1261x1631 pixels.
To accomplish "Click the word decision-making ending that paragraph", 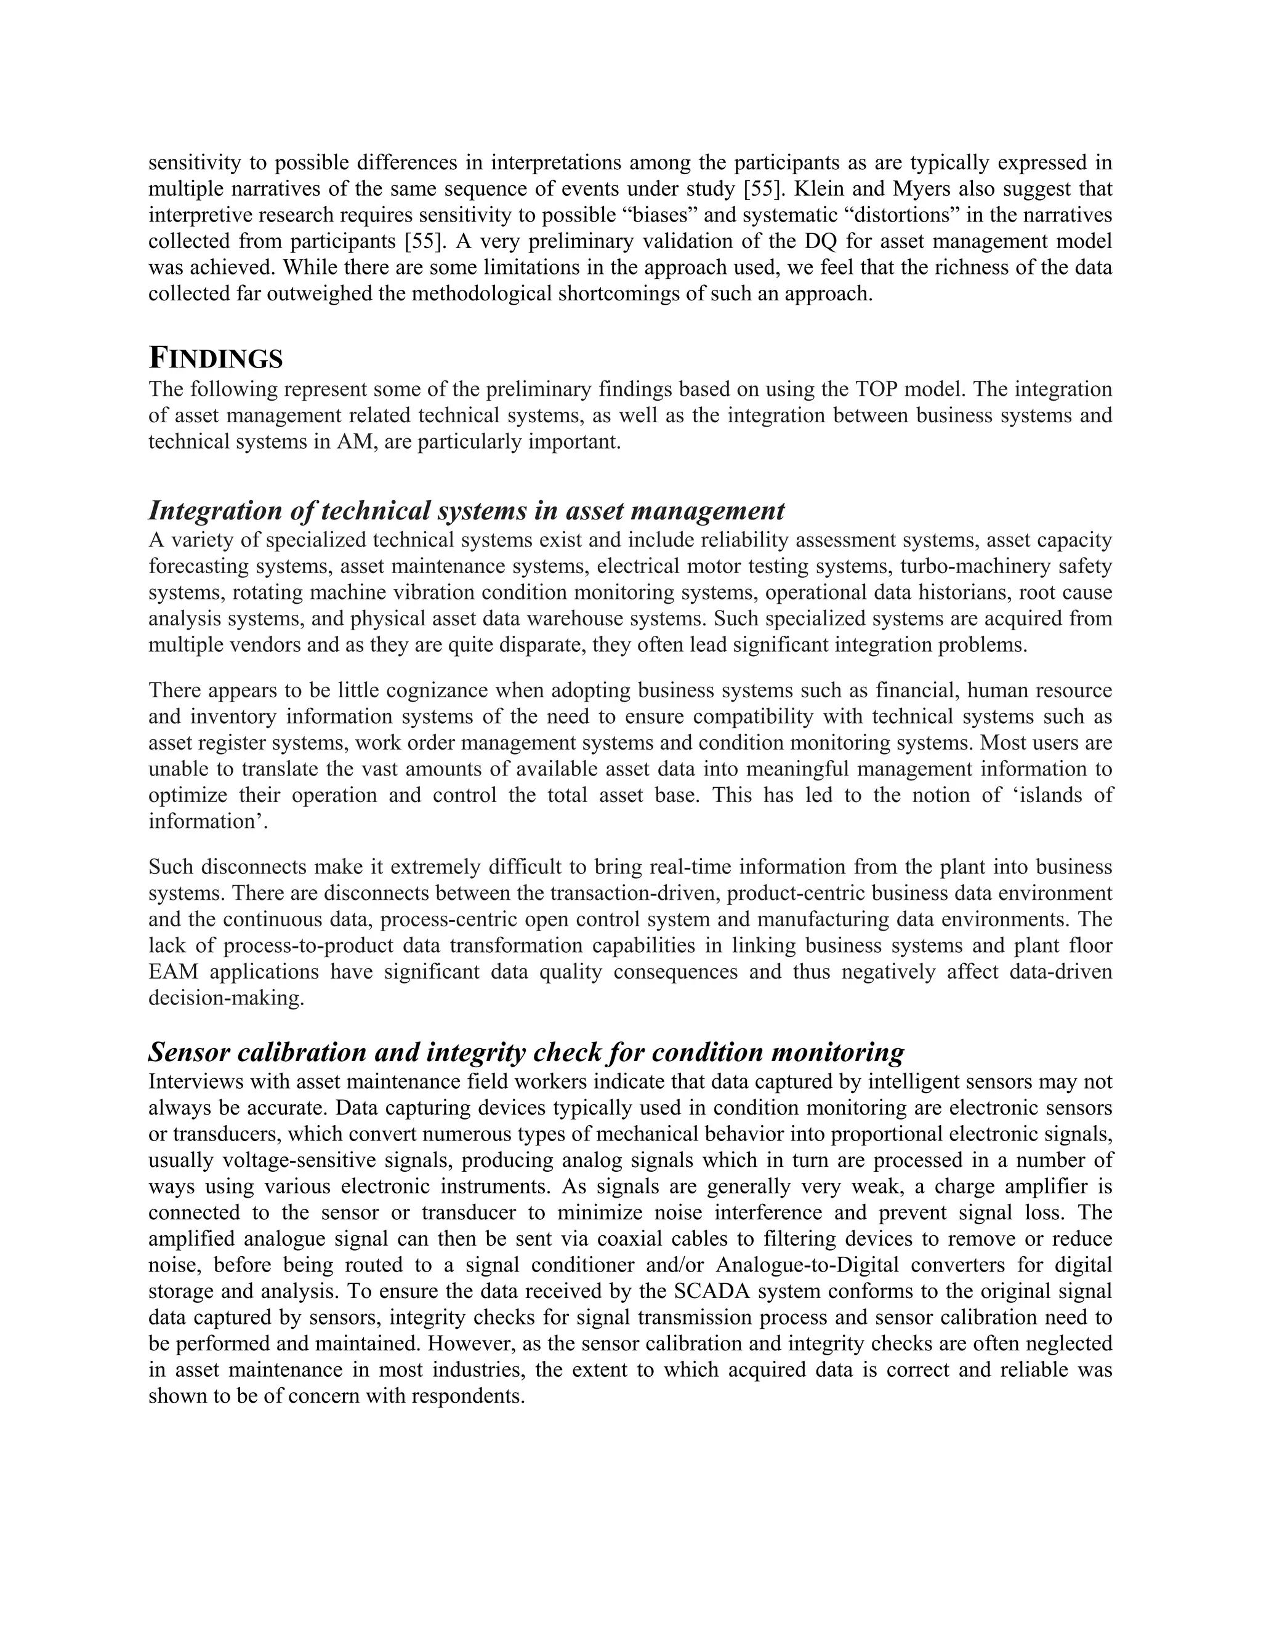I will [x=225, y=998].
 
